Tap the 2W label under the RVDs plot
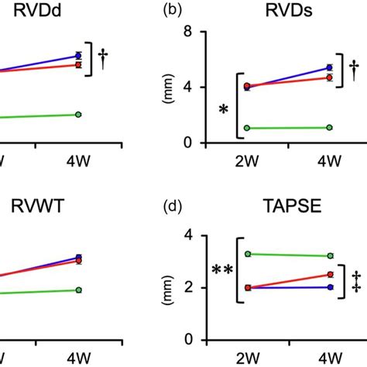click(x=247, y=161)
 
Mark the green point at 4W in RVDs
click(x=329, y=127)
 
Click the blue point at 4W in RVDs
click(x=329, y=68)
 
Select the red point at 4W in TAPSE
click(x=329, y=274)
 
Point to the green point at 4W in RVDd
click(x=78, y=114)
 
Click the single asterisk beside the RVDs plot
click(x=224, y=109)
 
